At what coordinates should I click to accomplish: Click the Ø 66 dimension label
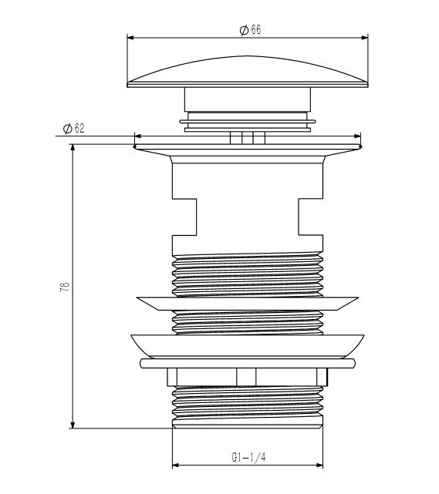tap(251, 30)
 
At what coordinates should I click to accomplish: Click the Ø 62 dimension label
tap(74, 128)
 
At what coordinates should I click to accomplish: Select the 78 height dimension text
tap(65, 287)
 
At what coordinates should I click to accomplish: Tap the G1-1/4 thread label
tap(249, 457)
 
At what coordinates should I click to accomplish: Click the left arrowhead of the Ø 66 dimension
tap(130, 38)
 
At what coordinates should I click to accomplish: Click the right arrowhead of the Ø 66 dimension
tap(365, 38)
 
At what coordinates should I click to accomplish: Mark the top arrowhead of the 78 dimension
tap(73, 147)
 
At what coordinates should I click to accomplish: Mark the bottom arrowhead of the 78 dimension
tap(73, 425)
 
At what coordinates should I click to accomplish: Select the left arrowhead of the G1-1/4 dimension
tap(176, 465)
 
